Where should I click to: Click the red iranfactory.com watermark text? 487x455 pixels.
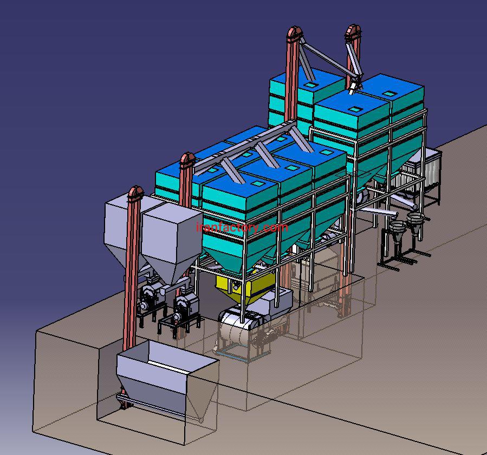point(242,227)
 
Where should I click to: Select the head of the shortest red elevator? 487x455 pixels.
point(135,193)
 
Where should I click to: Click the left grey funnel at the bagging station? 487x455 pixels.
point(397,230)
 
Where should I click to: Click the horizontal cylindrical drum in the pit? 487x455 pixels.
point(236,326)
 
